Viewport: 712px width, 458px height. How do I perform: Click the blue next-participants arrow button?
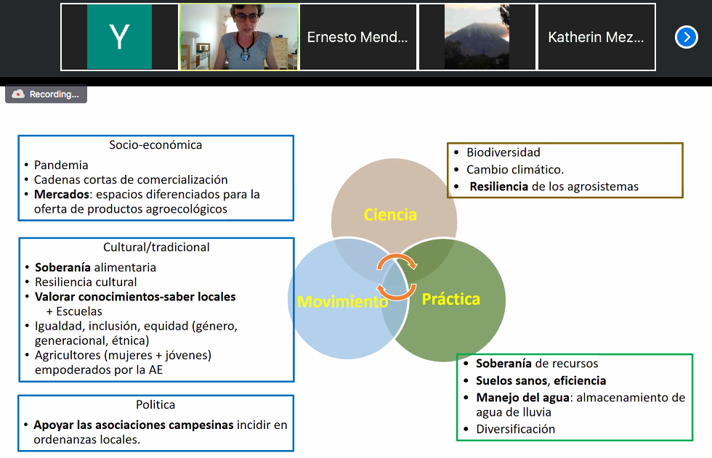coord(686,37)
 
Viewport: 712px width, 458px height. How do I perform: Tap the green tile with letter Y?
coord(119,37)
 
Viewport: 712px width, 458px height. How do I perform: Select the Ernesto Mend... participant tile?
coord(357,37)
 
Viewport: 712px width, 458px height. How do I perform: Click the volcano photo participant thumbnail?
coord(477,37)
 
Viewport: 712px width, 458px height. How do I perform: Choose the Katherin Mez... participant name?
coord(596,37)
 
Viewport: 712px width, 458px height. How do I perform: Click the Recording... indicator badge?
coord(46,94)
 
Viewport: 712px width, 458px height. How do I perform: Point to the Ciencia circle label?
coord(390,215)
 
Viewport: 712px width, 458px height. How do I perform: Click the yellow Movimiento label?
coord(343,301)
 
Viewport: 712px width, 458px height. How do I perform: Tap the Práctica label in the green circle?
coord(450,299)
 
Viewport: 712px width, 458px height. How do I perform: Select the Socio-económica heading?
coord(155,145)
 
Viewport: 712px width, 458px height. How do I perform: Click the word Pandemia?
coord(61,165)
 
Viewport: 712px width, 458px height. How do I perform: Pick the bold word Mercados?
coord(60,195)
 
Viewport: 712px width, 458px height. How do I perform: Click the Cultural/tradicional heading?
coord(155,248)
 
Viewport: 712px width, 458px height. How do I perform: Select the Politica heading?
coord(155,405)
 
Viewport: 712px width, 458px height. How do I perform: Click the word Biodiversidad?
coord(503,152)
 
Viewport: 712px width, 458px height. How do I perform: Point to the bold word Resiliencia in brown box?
coord(499,187)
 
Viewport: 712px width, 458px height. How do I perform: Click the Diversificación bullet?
coord(515,429)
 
